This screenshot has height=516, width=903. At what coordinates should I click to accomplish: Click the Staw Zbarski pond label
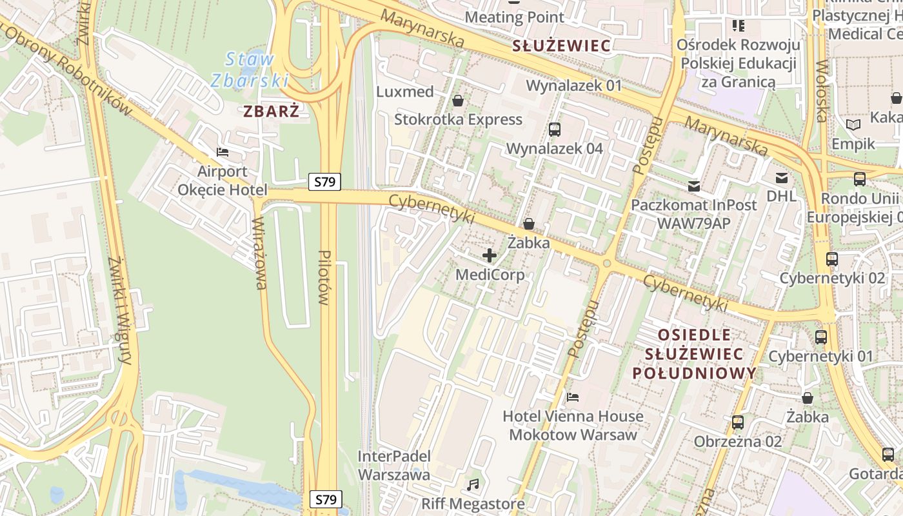pos(248,70)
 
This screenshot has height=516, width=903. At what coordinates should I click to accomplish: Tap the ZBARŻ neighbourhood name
pos(271,111)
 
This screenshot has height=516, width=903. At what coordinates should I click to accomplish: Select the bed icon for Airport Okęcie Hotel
pos(223,152)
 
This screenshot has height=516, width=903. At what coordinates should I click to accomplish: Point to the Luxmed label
pos(405,92)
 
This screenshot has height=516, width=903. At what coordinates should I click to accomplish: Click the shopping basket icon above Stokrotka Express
pos(458,101)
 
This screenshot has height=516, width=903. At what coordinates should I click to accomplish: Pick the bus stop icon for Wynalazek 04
pos(554,130)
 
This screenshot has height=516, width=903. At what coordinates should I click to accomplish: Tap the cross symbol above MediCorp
pos(490,255)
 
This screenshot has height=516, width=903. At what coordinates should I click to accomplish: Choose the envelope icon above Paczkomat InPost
pos(694,186)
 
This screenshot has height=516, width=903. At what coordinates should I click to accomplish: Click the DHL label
pos(782,195)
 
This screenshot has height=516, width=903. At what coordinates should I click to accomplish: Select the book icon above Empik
pos(853,125)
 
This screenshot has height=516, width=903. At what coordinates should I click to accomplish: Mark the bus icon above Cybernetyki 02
pos(832,259)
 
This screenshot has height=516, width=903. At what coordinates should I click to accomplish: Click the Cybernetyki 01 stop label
pos(820,356)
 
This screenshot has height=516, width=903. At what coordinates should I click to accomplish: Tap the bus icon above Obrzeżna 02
pos(738,422)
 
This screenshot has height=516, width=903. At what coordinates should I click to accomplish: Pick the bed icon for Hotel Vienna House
pos(573,397)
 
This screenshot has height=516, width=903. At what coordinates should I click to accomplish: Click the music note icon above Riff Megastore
pos(473,484)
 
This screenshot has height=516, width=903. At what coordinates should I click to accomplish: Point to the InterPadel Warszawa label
pos(394,465)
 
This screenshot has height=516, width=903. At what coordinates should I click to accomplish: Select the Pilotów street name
pos(324,277)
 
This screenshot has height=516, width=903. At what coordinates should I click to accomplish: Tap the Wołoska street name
pos(821,90)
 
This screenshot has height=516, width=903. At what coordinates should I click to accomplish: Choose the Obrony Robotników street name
pos(72,71)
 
